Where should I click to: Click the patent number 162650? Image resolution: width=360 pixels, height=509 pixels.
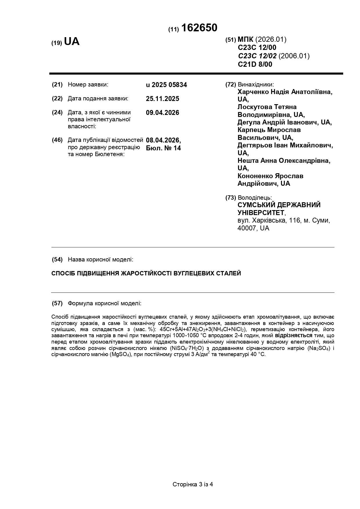[x=199, y=28]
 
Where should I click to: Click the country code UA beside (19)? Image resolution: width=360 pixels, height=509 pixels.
[x=72, y=42]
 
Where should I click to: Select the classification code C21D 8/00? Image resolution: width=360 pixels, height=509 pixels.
[x=255, y=64]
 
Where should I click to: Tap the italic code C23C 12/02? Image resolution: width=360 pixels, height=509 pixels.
[x=257, y=56]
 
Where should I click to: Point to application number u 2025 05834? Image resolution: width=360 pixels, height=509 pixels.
[x=167, y=85]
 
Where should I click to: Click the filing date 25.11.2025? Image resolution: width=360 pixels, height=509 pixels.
[x=162, y=99]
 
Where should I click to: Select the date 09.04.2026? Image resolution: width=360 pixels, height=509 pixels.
[x=162, y=113]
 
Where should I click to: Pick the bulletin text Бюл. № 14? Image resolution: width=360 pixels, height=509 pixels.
[x=163, y=148]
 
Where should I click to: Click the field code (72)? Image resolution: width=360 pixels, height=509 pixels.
[x=231, y=85]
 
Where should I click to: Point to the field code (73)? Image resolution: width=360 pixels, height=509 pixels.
[x=231, y=198]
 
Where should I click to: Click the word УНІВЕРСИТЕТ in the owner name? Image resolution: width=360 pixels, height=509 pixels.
[x=261, y=213]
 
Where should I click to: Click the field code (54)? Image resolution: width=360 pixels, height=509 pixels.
[x=57, y=259]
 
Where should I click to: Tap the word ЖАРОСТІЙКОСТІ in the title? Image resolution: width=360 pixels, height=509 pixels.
[x=146, y=273]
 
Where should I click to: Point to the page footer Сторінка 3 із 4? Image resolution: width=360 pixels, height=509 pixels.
[x=193, y=484]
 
